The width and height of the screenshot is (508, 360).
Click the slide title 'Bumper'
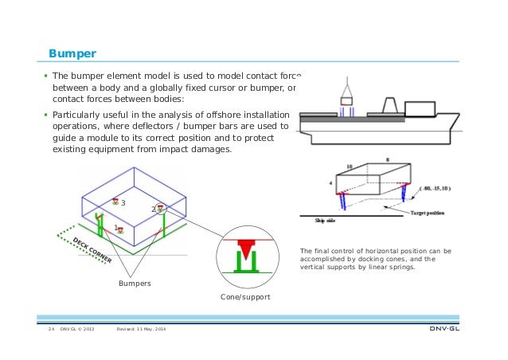coord(72,53)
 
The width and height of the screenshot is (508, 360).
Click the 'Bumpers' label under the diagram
coord(135,283)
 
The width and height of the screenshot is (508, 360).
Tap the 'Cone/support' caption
coord(244,296)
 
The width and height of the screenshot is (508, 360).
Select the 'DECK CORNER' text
coord(92,251)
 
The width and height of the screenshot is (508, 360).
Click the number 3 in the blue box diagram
coord(123,202)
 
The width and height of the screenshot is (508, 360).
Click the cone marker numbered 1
coord(119,229)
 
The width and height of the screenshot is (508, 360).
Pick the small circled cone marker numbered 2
coord(161,209)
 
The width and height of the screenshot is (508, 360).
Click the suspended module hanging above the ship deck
coord(346,101)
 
